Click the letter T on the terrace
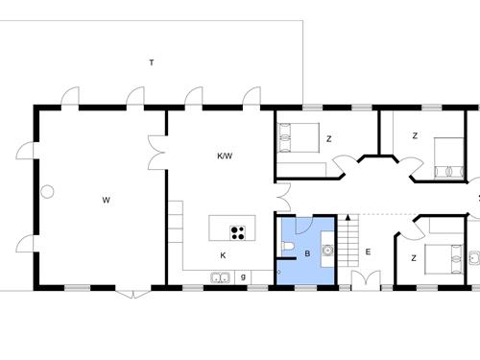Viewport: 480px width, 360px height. click(152, 63)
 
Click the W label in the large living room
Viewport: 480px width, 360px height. click(106, 201)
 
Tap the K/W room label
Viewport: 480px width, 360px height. click(225, 156)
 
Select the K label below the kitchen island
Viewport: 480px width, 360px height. click(223, 255)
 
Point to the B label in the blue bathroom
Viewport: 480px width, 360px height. click(306, 254)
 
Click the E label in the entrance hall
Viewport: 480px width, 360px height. click(368, 253)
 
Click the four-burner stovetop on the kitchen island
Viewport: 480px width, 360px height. click(237, 231)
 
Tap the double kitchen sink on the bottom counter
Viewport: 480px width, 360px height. click(220, 278)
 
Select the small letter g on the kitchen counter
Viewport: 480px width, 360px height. click(243, 276)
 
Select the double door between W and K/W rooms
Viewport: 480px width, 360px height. click(159, 155)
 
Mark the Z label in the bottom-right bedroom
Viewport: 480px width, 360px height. click(413, 257)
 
